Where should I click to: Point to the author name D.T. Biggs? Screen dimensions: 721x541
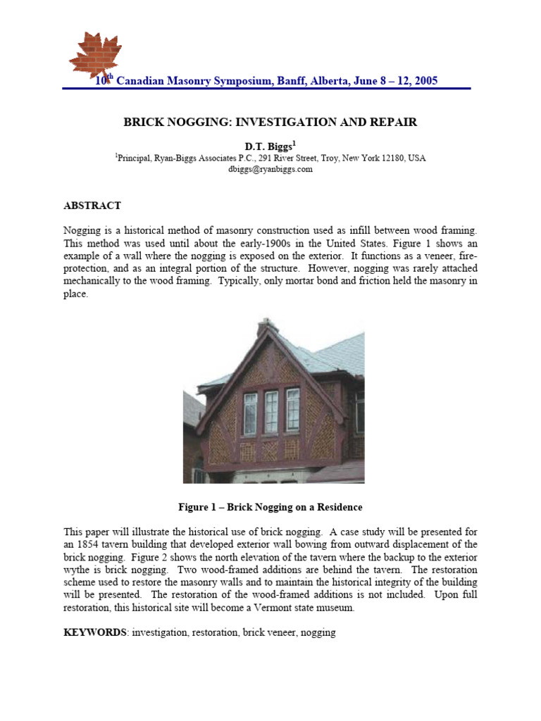(x=270, y=146)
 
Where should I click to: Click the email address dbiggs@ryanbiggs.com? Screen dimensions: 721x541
(x=270, y=170)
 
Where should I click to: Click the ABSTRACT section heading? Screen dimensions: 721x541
(x=92, y=206)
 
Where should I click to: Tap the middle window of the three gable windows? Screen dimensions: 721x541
(x=270, y=413)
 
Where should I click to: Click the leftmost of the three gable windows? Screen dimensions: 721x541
(x=250, y=413)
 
